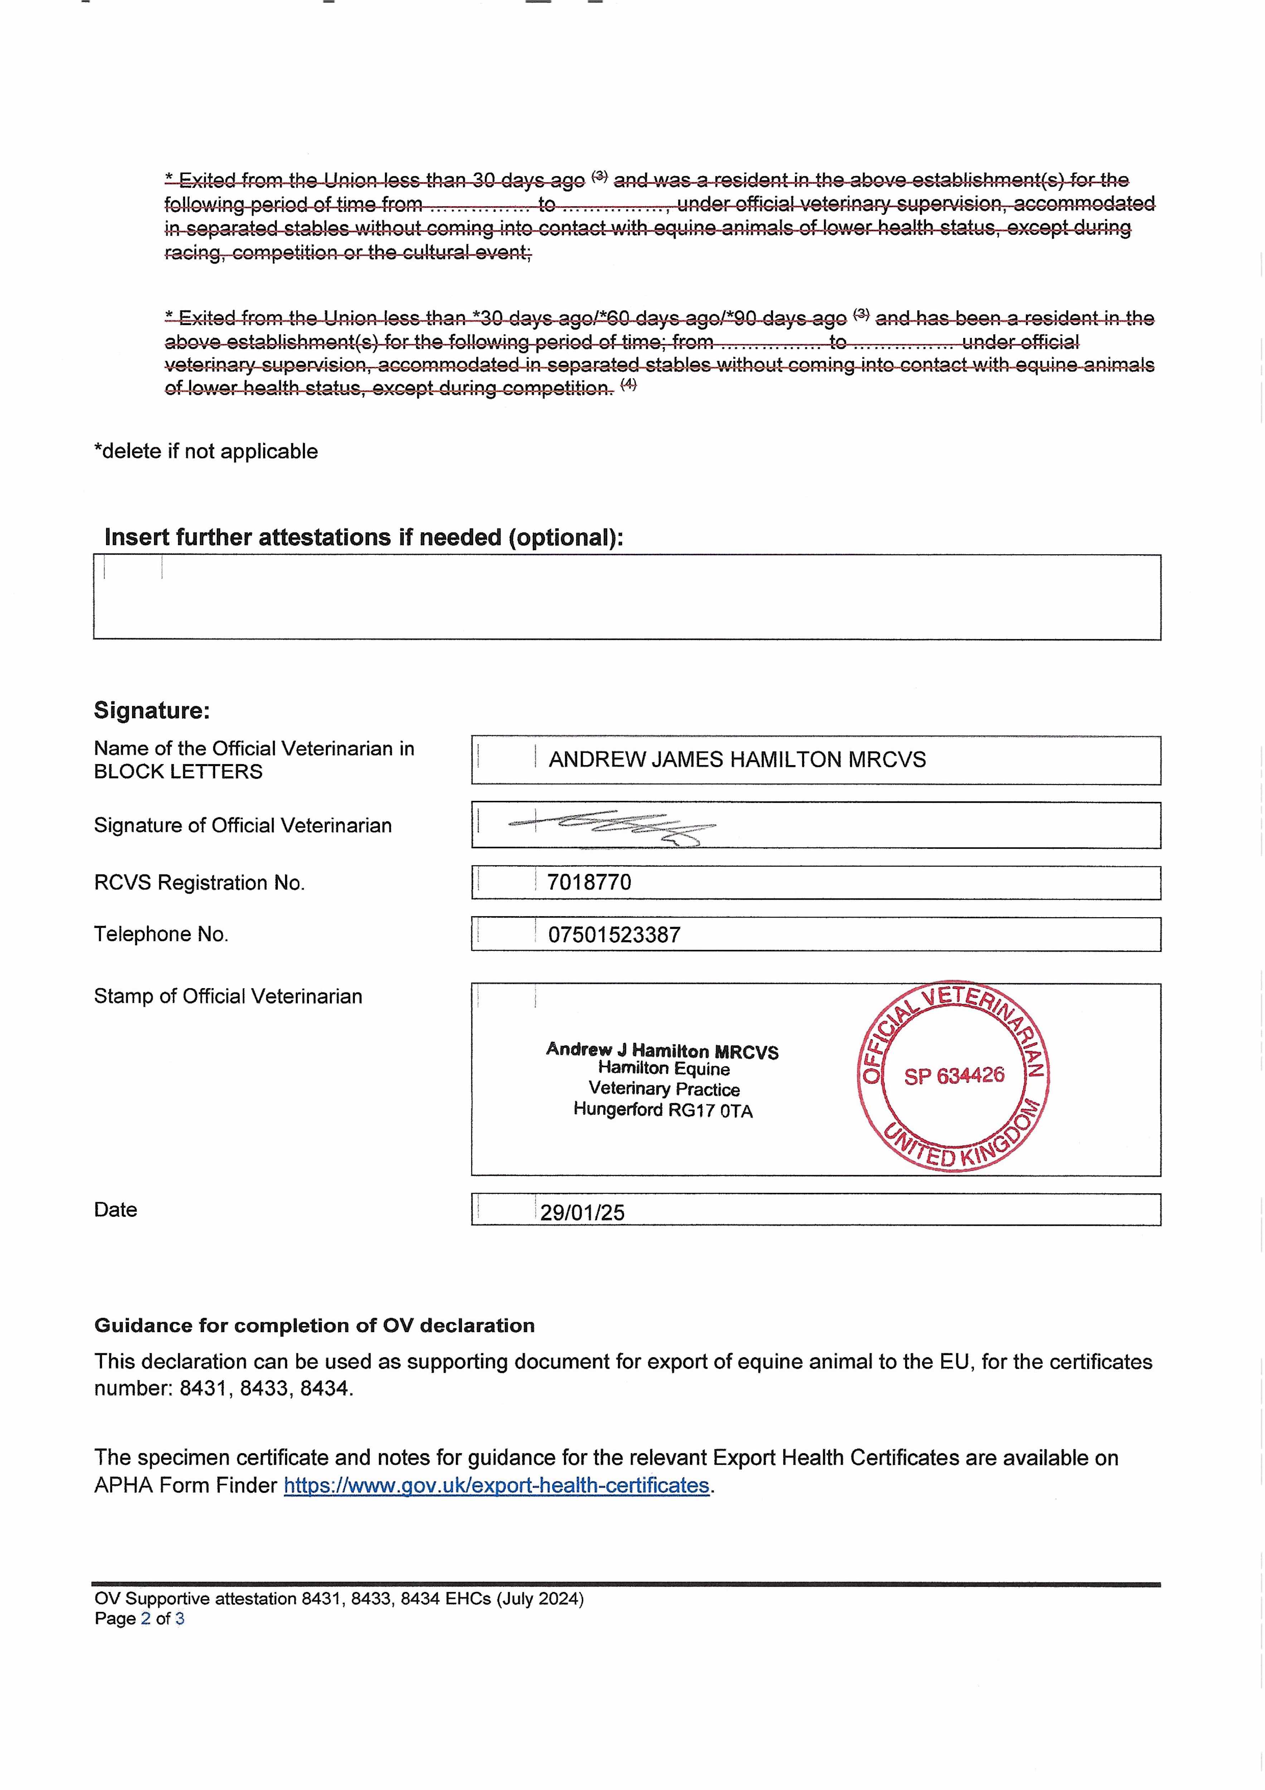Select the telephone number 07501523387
[x=614, y=935]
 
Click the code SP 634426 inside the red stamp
[x=954, y=1076]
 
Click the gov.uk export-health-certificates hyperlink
[x=496, y=1485]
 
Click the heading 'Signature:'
[x=152, y=710]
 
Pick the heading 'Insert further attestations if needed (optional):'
[x=363, y=537]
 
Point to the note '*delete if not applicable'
[x=206, y=451]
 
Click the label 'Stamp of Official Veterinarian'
[x=228, y=996]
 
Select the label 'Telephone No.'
[x=161, y=934]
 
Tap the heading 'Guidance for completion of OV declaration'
[x=314, y=1325]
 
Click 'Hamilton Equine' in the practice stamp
[x=664, y=1069]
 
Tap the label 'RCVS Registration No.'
[x=199, y=882]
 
